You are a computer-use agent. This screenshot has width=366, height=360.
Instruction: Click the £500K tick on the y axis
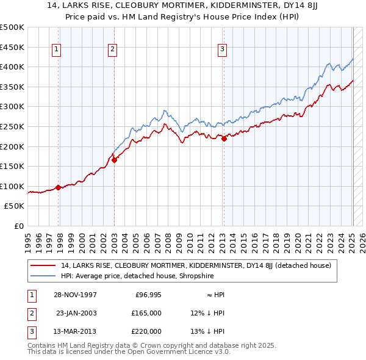pos(12,27)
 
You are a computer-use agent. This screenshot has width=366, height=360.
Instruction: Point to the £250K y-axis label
pos(12,126)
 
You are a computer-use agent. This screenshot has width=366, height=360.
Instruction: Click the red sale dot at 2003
pos(114,160)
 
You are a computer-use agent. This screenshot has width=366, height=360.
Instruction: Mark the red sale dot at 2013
pos(224,139)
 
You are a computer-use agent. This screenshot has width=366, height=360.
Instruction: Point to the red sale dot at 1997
pos(59,187)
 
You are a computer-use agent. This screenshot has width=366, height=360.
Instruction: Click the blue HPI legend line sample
pos(43,276)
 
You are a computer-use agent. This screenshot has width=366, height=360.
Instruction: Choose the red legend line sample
pos(43,265)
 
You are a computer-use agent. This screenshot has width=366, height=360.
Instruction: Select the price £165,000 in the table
pos(146,312)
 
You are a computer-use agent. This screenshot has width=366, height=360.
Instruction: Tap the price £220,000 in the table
pos(146,331)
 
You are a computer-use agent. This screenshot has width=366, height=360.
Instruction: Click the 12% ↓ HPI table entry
pos(207,312)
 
